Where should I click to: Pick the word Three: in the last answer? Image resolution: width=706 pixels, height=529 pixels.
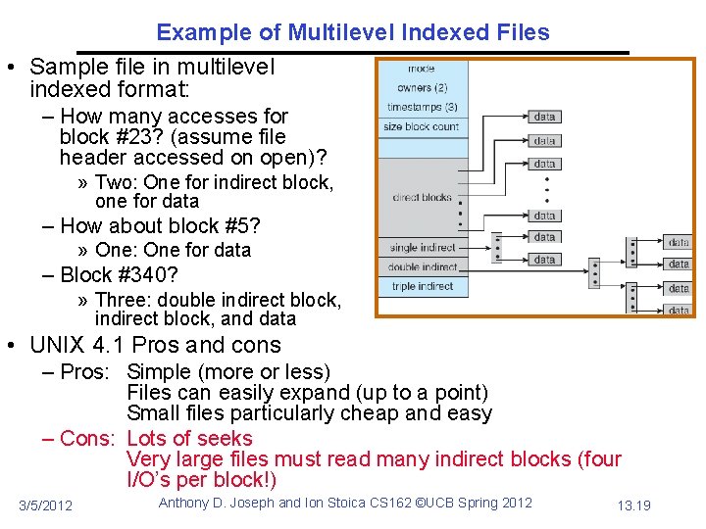pos(123,300)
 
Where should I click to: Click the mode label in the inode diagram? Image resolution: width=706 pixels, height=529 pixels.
pos(422,69)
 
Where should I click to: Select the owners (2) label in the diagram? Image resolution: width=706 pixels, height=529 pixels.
pos(422,87)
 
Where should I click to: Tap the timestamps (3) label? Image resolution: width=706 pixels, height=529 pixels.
pos(422,107)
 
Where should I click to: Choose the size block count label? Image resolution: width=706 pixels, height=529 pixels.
pos(422,126)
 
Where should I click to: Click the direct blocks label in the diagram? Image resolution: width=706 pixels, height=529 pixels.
pos(422,197)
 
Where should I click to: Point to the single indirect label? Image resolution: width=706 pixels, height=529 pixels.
pos(424,248)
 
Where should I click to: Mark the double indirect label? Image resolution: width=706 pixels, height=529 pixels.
pos(424,266)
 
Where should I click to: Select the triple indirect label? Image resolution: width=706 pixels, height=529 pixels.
pos(423,286)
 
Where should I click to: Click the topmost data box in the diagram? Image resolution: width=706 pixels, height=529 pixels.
pos(545,117)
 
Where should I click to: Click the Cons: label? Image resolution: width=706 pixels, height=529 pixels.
pos(87,438)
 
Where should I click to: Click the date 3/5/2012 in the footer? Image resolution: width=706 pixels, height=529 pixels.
pos(45,505)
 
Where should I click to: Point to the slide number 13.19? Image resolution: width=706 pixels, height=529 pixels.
pos(633,505)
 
